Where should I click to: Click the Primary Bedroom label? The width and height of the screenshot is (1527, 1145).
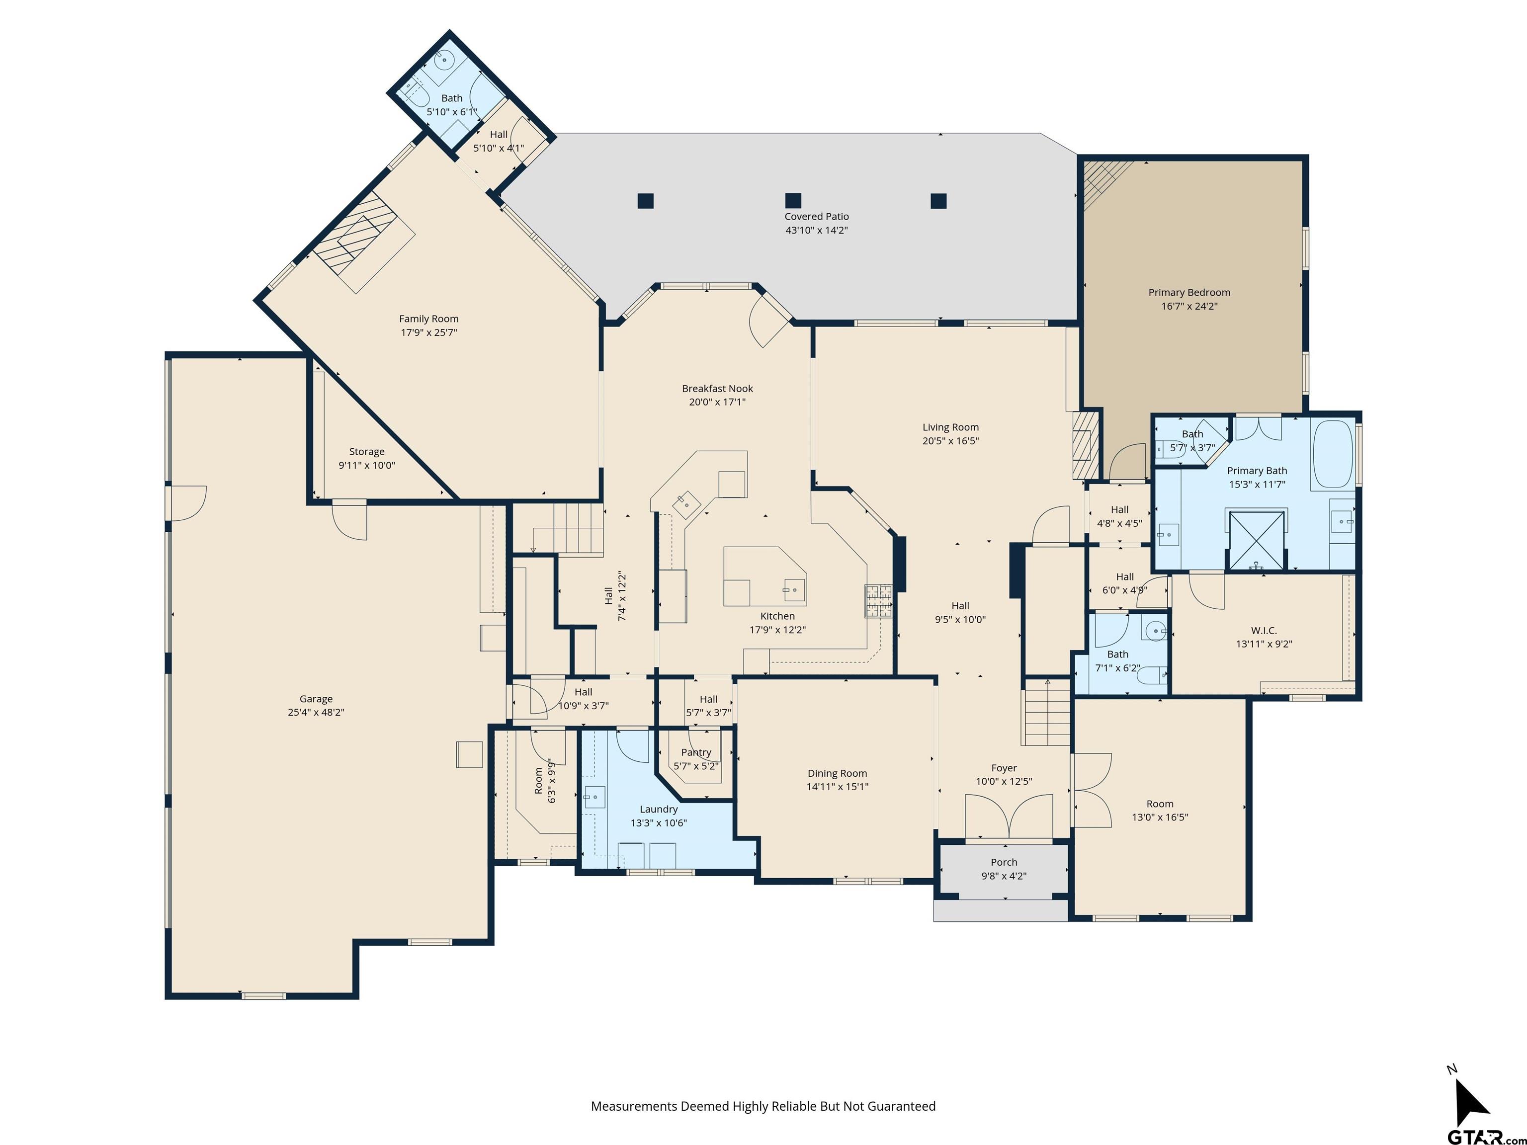point(1188,293)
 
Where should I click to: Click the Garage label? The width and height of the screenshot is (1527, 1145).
point(316,699)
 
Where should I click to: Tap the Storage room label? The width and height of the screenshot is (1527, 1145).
point(366,452)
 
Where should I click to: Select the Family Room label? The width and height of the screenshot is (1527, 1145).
point(428,319)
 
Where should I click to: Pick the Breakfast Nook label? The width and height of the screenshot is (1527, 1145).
point(717,389)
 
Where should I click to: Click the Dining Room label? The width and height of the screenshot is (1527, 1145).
point(838,774)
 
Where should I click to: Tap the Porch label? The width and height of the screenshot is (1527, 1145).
point(1004,863)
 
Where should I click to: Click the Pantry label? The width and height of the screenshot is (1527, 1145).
point(696,753)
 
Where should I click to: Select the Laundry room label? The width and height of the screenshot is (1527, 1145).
point(659,810)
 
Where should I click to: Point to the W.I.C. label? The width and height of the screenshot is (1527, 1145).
point(1264,631)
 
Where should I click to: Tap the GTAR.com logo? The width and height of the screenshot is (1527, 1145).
point(1486,1136)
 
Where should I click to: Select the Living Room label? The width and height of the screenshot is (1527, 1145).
point(950,427)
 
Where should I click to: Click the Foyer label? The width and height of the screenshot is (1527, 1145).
point(1004,768)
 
